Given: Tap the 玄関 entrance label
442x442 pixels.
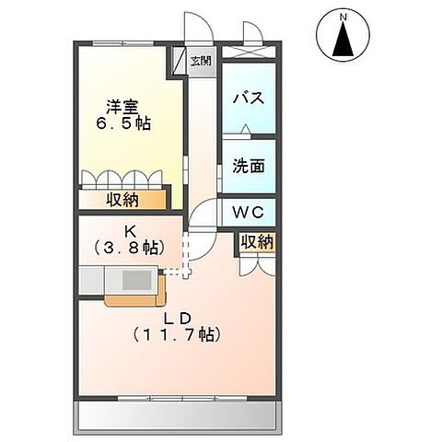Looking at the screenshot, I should tap(201, 62).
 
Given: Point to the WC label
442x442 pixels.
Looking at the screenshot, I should tap(248, 213).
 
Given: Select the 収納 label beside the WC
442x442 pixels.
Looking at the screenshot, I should tap(256, 241).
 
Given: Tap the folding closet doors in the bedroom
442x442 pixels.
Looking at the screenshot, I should tap(123, 177).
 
